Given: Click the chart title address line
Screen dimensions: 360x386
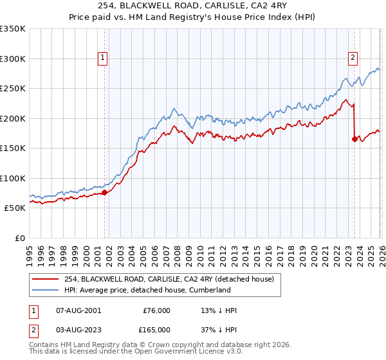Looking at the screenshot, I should (x=192, y=6).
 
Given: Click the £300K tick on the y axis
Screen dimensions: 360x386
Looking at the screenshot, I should (x=13, y=59).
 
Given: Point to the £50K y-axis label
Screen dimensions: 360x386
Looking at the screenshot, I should (x=15, y=208).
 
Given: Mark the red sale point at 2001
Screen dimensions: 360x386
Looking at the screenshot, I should (x=104, y=192).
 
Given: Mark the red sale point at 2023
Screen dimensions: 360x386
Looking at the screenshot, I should (x=354, y=139).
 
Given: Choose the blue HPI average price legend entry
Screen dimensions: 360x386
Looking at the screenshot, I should (x=147, y=291).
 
